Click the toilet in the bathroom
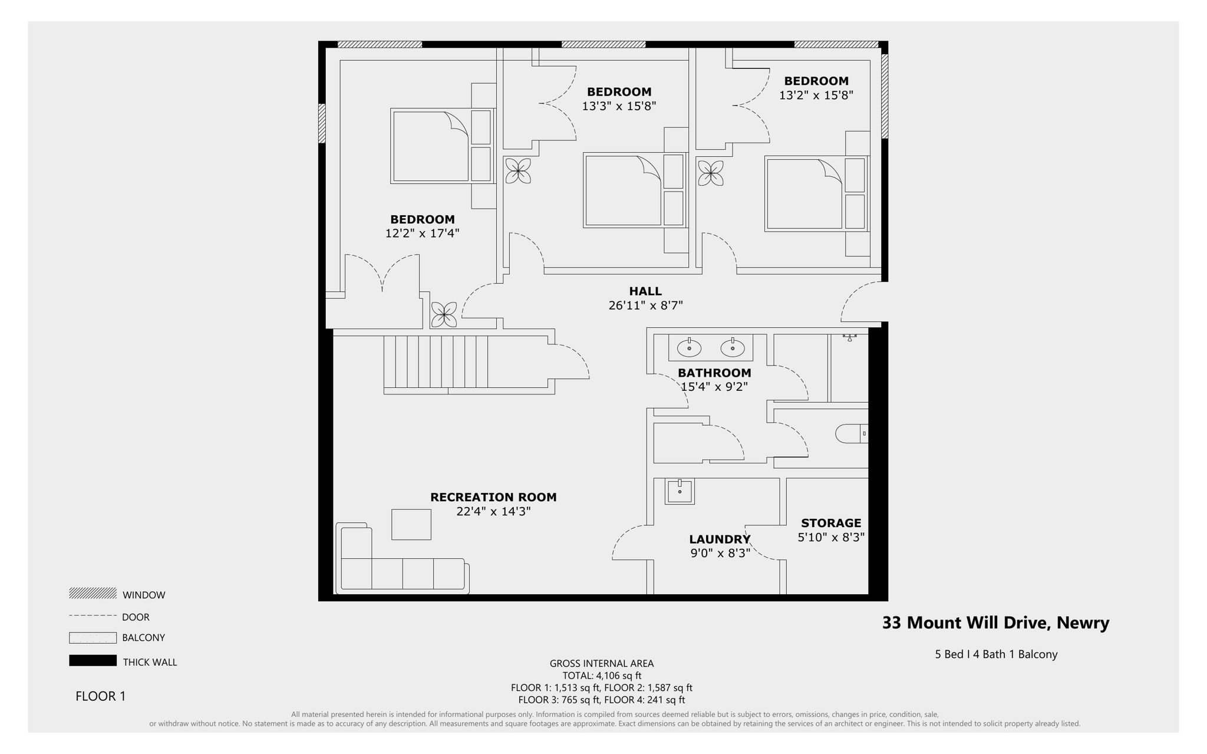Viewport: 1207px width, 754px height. click(850, 434)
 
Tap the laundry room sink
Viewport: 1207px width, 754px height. click(680, 491)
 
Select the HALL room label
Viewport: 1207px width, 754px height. click(645, 291)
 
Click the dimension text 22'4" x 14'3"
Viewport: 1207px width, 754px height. click(493, 512)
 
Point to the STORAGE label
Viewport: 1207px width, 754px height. click(831, 523)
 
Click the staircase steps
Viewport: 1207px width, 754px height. click(436, 361)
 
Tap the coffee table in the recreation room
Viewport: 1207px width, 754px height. click(411, 524)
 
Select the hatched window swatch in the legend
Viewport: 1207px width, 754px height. click(93, 593)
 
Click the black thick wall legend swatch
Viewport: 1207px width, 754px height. click(93, 661)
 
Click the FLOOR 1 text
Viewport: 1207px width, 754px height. click(101, 696)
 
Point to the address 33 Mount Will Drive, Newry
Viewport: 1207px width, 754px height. click(995, 623)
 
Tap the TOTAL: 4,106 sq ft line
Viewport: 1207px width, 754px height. click(602, 676)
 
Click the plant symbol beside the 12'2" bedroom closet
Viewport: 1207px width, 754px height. click(444, 314)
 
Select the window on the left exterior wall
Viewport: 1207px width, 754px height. click(322, 123)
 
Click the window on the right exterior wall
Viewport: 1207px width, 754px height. click(885, 96)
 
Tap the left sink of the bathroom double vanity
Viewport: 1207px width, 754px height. click(689, 348)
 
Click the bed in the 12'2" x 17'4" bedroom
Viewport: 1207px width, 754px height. click(431, 146)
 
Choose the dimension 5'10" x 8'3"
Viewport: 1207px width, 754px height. click(831, 538)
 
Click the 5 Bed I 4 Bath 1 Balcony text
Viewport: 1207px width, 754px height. click(996, 654)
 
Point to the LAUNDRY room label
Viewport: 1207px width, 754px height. click(720, 539)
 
